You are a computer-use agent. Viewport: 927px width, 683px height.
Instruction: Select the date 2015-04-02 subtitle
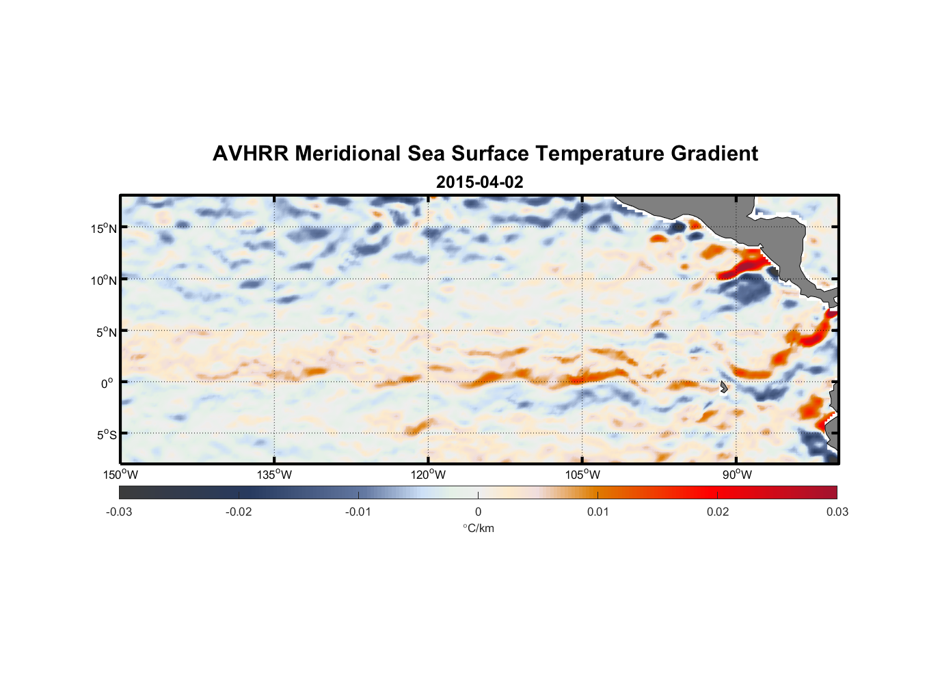[x=479, y=182]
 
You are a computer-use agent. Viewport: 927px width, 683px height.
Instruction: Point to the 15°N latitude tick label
[x=104, y=228]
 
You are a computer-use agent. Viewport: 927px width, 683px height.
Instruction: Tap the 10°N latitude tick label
[x=104, y=280]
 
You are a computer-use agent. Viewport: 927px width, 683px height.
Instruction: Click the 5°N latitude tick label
[x=107, y=332]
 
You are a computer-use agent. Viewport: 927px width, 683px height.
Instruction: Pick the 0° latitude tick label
[x=107, y=383]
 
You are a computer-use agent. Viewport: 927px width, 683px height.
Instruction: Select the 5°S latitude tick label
[x=107, y=434]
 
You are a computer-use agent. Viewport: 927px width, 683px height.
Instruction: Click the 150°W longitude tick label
[x=120, y=475]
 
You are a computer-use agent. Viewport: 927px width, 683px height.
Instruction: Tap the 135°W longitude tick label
[x=274, y=475]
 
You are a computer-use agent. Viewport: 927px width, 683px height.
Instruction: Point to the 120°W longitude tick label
[x=428, y=475]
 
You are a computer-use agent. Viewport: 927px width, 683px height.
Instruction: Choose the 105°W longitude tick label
[x=582, y=475]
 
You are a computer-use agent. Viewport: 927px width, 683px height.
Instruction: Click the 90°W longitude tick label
[x=737, y=475]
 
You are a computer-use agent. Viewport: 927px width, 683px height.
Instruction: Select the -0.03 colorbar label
[x=119, y=512]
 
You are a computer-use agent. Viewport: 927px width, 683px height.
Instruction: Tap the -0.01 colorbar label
[x=358, y=512]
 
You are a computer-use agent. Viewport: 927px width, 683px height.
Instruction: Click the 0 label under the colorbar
[x=478, y=512]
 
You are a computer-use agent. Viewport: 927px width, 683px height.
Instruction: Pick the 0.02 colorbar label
[x=717, y=512]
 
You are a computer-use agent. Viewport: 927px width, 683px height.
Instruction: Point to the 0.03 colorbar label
[x=837, y=512]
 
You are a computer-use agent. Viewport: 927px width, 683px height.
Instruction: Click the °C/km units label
[x=478, y=528]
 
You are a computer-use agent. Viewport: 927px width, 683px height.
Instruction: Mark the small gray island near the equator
[x=723, y=387]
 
